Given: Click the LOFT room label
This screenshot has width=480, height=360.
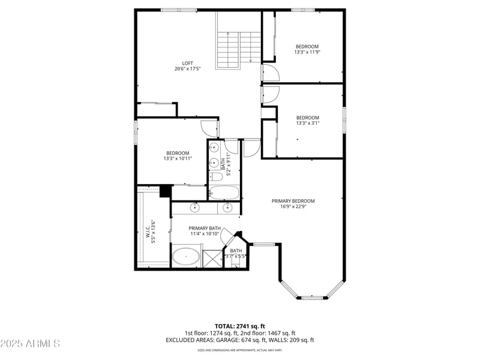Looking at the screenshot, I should (x=188, y=63).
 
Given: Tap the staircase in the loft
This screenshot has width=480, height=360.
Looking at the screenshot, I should (x=239, y=48).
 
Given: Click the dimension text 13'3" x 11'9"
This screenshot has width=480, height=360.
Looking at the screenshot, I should (x=307, y=52).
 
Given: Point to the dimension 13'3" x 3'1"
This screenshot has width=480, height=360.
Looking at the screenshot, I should (x=307, y=123).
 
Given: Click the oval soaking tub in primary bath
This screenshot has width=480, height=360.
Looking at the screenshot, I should (x=187, y=258).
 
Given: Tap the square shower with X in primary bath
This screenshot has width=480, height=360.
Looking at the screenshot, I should (x=212, y=259).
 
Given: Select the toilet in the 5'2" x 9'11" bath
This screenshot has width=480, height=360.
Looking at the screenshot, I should (x=214, y=176).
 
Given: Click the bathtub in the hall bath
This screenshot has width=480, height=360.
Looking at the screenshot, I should (x=224, y=193).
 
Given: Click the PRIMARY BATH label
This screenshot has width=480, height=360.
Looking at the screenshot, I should (x=205, y=228).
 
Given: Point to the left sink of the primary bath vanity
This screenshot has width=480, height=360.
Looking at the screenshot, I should (x=196, y=208).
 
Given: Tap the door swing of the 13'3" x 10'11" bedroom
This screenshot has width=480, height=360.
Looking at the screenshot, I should (x=209, y=128).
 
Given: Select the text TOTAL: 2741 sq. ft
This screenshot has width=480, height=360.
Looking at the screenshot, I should (x=239, y=326).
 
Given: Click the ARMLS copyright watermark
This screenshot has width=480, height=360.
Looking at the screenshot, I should (x=30, y=344).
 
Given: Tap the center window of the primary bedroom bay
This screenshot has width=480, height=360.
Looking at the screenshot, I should (x=311, y=297).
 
